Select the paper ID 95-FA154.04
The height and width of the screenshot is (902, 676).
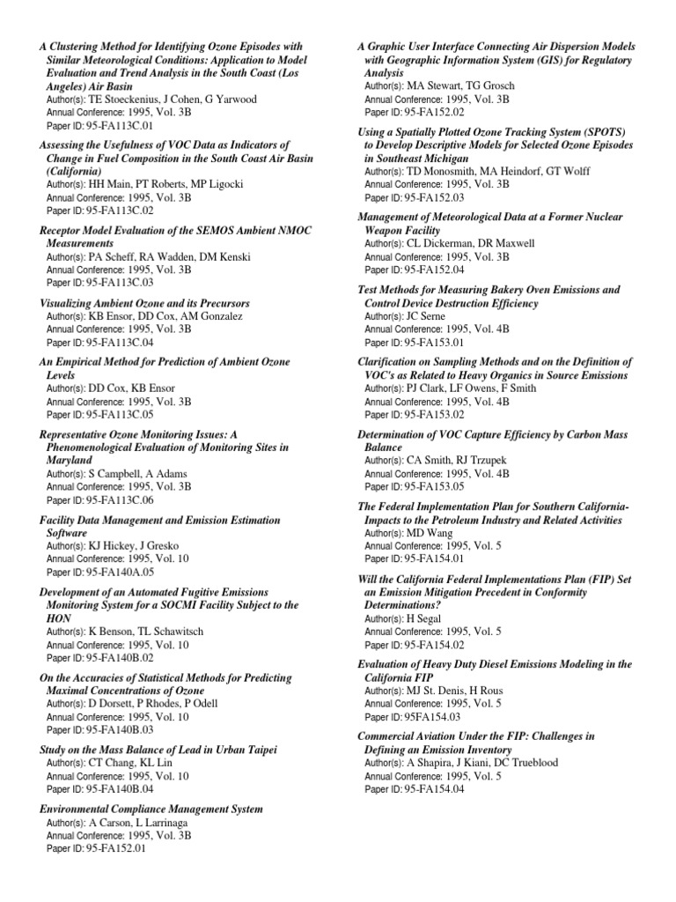pos(415,789)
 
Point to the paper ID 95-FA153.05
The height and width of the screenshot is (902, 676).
pos(415,486)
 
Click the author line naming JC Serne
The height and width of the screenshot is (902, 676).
pos(405,315)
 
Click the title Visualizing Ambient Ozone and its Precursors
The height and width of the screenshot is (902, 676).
pos(145,303)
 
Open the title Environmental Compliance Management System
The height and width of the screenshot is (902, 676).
pos(151,808)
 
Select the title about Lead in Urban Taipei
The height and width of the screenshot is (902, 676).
pos(158,750)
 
